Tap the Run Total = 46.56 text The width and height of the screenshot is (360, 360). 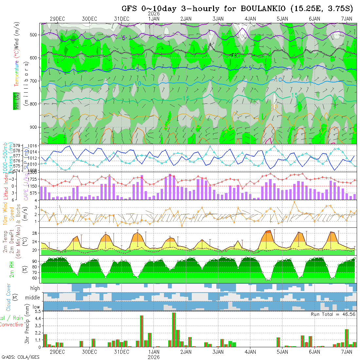(x=333, y=314)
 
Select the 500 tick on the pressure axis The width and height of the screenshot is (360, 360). (x=35, y=35)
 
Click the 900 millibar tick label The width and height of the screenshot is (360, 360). (x=35, y=127)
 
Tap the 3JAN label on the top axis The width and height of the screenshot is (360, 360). (x=218, y=19)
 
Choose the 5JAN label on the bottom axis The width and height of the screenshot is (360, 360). (x=282, y=352)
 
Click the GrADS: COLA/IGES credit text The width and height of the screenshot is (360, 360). (x=20, y=357)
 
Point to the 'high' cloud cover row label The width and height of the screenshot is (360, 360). (x=35, y=288)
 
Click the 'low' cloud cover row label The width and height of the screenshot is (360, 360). (x=36, y=307)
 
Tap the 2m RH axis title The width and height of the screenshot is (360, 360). (x=12, y=269)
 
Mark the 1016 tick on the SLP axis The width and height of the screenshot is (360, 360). (x=34, y=146)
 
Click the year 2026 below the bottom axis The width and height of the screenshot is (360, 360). (x=154, y=357)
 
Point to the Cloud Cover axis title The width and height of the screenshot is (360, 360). (x=9, y=297)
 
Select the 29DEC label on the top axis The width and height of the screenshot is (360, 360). (x=57, y=19)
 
